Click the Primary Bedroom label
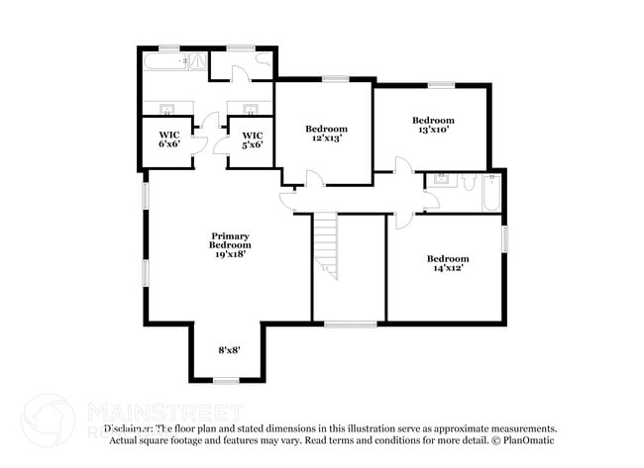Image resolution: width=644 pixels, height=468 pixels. coord(229,240)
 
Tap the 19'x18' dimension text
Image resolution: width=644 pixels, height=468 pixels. coord(229,253)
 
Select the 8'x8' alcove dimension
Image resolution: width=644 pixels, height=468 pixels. coord(229,349)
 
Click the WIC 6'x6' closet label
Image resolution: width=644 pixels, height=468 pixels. coord(168,140)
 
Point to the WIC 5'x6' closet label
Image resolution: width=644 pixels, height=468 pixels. coord(253,140)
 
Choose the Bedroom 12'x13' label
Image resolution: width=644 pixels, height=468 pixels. coord(326,134)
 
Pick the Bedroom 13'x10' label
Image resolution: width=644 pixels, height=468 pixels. coord(433,125)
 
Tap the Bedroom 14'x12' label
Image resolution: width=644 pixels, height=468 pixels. coord(447,263)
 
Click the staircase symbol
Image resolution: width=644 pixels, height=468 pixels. coord(326,247)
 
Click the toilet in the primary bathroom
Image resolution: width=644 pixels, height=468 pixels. coord(265,61)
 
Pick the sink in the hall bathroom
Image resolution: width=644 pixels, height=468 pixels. coord(441,180)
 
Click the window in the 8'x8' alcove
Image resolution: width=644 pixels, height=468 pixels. coord(227,381)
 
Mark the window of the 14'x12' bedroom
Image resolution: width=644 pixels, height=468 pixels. coord(503,238)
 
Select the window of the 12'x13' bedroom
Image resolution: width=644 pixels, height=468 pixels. coord(335,79)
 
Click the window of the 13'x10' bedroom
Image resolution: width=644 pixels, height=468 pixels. coord(441,85)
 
